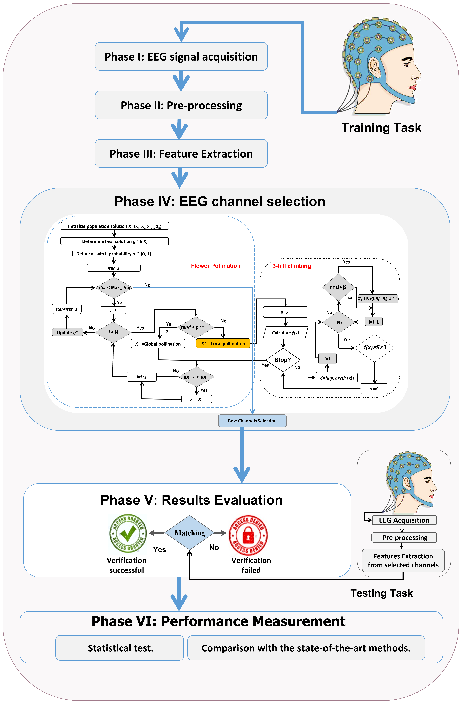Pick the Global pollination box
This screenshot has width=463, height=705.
[x=158, y=344]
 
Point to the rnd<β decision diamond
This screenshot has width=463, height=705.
[x=338, y=287]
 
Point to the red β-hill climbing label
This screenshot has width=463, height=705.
[x=291, y=266]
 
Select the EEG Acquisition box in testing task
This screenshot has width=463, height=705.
[x=404, y=520]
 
